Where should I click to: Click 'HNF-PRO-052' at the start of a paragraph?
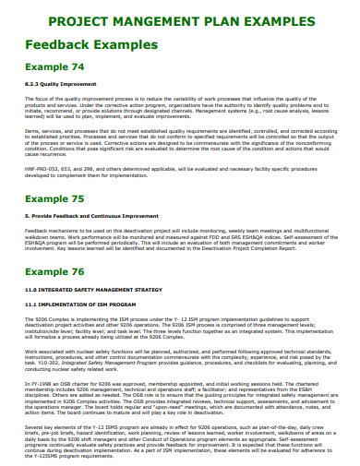(x=40, y=169)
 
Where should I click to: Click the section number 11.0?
(x=30, y=290)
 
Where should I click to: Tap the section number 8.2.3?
(x=31, y=84)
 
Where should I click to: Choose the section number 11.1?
(x=30, y=303)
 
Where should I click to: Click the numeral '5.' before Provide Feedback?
(x=27, y=215)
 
